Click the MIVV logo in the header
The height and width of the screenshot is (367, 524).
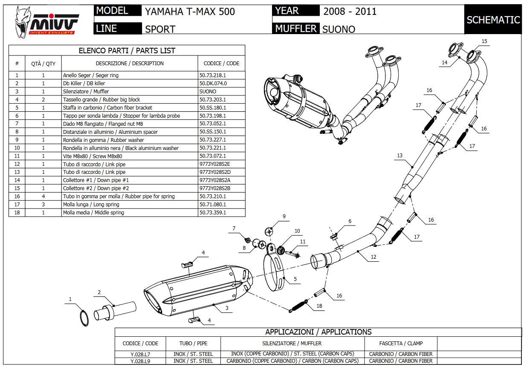click(46, 20)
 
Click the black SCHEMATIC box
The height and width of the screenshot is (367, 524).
click(493, 20)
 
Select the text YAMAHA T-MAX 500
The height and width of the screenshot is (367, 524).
click(190, 12)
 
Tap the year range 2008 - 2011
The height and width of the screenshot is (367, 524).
click(350, 12)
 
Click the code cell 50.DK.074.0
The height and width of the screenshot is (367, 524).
click(213, 84)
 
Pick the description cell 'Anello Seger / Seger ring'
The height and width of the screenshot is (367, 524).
click(91, 75)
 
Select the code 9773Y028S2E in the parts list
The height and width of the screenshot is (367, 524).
click(215, 164)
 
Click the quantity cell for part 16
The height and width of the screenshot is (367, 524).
click(43, 197)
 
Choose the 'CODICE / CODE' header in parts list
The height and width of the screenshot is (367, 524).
click(221, 64)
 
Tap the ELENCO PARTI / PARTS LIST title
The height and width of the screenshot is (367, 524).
click(127, 51)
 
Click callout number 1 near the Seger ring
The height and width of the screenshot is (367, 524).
click(70, 299)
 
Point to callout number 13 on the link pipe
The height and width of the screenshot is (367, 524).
click(400, 156)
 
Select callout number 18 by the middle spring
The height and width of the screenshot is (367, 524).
click(319, 306)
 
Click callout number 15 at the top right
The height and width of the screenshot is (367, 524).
click(484, 41)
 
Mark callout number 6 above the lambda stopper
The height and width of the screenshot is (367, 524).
click(350, 221)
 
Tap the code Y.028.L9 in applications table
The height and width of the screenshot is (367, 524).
click(140, 361)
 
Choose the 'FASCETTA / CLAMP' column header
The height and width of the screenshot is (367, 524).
click(401, 343)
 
